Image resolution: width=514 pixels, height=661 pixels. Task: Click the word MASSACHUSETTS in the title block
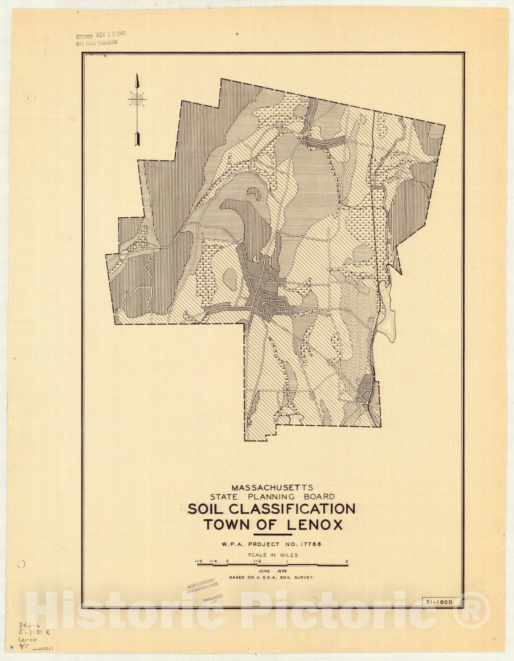click(x=272, y=488)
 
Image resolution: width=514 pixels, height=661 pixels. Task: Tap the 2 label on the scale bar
click(x=347, y=561)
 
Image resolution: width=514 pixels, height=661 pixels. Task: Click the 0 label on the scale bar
click(x=227, y=561)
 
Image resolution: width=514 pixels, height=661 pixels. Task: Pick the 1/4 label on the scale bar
click(x=213, y=561)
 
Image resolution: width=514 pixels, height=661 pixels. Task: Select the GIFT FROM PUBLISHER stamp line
click(x=97, y=42)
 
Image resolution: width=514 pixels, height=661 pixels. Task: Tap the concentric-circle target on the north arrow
click(x=137, y=99)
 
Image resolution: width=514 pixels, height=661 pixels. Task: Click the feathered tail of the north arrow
click(x=137, y=138)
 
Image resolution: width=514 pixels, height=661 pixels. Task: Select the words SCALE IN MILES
click(x=272, y=555)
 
